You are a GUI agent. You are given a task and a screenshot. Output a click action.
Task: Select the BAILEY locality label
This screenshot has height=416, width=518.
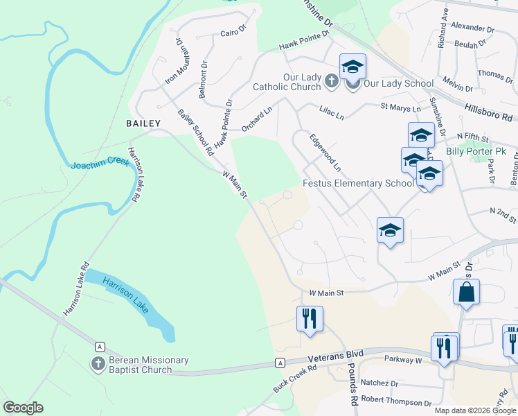tap(143, 123)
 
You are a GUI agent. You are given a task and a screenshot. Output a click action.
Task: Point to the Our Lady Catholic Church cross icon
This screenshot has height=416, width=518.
tap(331, 83)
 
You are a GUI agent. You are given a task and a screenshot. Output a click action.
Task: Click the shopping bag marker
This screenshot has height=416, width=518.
tap(467, 293)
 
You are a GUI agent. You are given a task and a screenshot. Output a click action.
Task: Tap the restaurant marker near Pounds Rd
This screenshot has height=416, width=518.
tap(310, 318)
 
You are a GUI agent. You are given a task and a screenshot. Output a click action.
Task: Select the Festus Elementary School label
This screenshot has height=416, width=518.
tap(358, 184)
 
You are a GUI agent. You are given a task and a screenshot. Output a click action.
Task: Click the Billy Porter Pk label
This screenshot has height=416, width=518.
tap(476, 150)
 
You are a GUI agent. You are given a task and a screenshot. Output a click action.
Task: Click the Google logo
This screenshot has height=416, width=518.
tap(23, 408)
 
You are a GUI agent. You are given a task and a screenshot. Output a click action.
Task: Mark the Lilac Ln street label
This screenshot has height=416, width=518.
tap(331, 113)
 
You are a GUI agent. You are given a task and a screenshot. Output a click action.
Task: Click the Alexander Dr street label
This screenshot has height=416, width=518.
tap(472, 30)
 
